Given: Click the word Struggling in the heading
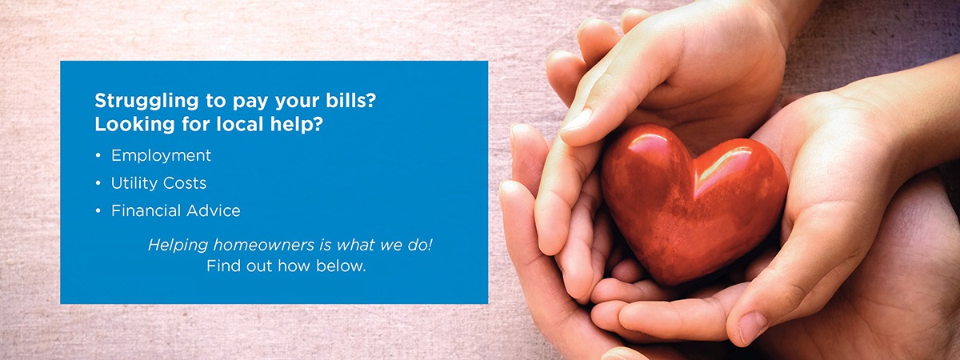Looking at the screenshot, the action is pyautogui.click(x=146, y=102).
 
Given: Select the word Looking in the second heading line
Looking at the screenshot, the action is pyautogui.click(x=134, y=125).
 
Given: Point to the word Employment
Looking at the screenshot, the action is pyautogui.click(x=161, y=156).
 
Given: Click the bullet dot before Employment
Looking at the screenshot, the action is pyautogui.click(x=98, y=155).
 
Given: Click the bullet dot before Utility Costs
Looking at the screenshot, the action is pyautogui.click(x=98, y=183).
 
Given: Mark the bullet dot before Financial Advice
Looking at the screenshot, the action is pyautogui.click(x=98, y=211).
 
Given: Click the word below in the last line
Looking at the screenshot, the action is pyautogui.click(x=341, y=266).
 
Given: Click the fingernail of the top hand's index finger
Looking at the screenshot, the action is pyautogui.click(x=577, y=120).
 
